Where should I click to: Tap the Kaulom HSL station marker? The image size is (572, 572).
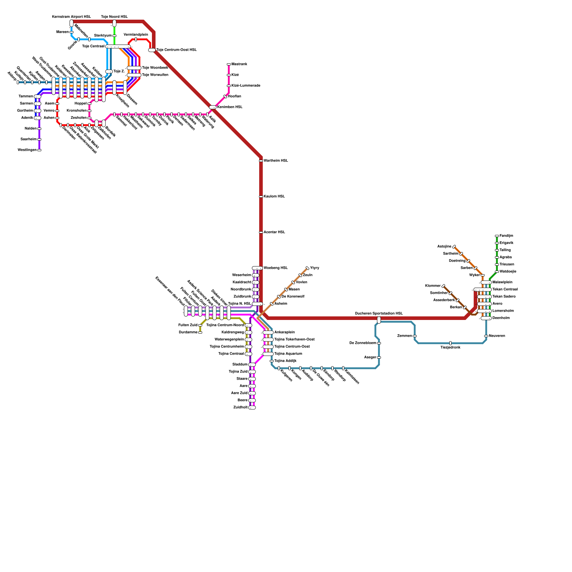[x=261, y=197]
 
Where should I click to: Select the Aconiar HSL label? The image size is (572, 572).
[x=274, y=232]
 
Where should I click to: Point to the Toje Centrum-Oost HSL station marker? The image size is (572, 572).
[x=152, y=50]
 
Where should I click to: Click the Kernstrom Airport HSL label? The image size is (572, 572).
[x=71, y=17]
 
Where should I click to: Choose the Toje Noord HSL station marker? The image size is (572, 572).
[x=114, y=23]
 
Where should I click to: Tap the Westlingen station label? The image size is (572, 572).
[x=27, y=150]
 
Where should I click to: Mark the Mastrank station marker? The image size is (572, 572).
[x=229, y=64]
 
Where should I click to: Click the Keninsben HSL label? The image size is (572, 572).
[x=230, y=107]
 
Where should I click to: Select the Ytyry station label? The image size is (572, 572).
[x=315, y=268]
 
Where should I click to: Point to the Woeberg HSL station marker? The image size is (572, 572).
[x=257, y=268]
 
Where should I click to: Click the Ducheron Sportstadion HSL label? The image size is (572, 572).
[x=379, y=314]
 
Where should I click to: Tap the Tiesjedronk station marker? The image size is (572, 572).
[x=450, y=343]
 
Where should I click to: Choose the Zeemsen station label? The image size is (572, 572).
[x=404, y=336]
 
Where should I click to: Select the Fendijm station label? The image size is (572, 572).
[x=506, y=236]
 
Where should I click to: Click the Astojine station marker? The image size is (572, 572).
[x=454, y=247]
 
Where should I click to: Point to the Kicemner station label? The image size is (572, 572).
[x=433, y=286]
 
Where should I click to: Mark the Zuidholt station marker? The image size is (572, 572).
[x=252, y=408]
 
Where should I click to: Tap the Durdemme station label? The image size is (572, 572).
[x=188, y=332]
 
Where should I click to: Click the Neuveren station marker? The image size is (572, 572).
[x=486, y=336]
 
